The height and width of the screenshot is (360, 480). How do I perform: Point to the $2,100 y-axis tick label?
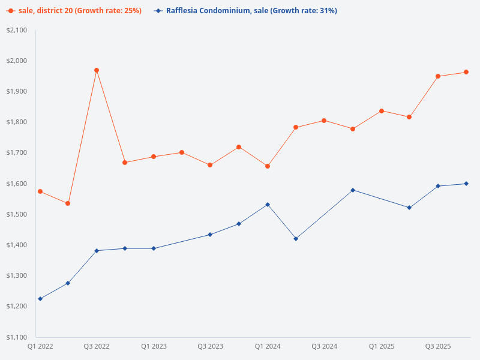tap(17, 30)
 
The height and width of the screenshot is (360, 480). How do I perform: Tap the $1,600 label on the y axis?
tap(17, 184)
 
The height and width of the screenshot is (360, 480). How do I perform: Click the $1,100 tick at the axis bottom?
tap(17, 337)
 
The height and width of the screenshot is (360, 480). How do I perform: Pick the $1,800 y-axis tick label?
tap(17, 122)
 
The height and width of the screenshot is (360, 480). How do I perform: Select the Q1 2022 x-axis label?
tap(40, 347)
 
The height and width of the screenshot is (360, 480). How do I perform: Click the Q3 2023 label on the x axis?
tap(210, 347)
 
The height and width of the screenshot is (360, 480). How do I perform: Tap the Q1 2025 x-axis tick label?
tap(381, 347)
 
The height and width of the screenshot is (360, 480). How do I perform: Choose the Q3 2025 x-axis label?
tap(438, 347)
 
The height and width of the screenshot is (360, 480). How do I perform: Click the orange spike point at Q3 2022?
tap(97, 70)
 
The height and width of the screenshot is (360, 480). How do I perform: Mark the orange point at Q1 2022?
tap(40, 191)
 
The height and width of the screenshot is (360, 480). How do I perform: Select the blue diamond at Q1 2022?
tap(40, 299)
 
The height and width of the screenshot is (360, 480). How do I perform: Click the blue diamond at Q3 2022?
tap(97, 251)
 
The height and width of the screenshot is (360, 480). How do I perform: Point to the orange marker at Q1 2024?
tap(268, 166)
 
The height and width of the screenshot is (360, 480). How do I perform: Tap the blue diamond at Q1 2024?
tap(268, 205)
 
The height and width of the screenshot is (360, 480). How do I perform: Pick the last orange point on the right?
tap(466, 72)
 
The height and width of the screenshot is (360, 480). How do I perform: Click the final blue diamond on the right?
tap(466, 184)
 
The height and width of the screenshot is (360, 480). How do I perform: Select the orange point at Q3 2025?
tap(438, 76)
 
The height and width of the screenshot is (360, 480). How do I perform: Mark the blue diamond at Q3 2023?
tap(210, 235)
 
